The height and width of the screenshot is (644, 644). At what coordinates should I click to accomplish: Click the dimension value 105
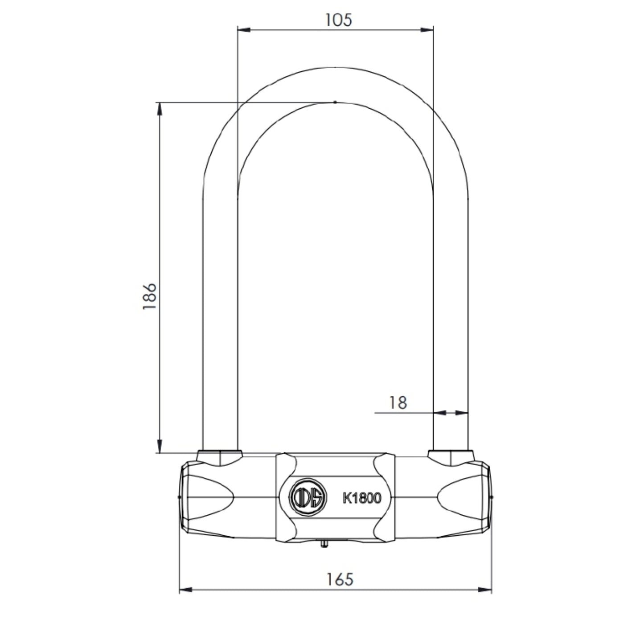click(338, 20)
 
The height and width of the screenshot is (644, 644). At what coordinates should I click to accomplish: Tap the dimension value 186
click(150, 296)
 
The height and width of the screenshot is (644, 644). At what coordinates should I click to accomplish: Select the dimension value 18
click(398, 403)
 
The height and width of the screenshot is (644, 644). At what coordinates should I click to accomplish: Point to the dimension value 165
click(340, 579)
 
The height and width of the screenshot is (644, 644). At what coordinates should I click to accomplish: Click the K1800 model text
click(362, 498)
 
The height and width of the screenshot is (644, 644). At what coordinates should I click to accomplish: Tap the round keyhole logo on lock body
click(308, 497)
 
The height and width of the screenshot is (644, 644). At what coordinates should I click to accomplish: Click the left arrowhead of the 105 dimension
click(243, 30)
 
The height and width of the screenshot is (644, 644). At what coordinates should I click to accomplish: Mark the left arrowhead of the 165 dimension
click(185, 590)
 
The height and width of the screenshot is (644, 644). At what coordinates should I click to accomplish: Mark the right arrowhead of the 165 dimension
click(485, 590)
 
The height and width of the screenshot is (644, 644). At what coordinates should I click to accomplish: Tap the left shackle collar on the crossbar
click(219, 458)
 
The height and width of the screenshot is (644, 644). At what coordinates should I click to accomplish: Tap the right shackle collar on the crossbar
click(451, 458)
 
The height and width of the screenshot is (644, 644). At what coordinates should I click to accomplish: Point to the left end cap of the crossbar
click(184, 497)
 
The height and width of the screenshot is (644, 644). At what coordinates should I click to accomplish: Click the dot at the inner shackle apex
click(335, 102)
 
